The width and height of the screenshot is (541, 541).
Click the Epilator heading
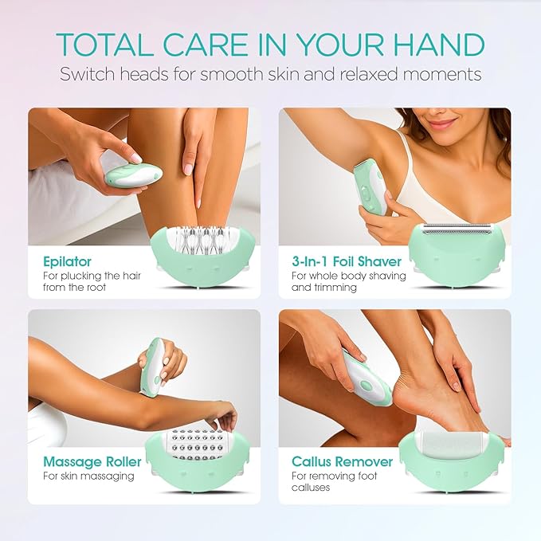click(67, 261)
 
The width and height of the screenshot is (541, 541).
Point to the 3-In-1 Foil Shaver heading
click(347, 261)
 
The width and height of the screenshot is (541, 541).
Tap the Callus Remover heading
click(342, 461)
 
